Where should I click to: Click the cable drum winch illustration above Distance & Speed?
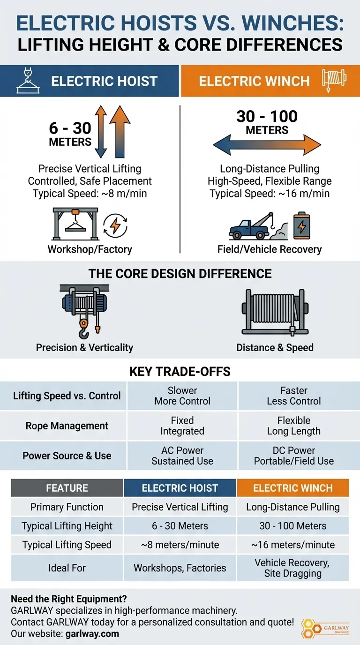pyautogui.click(x=275, y=312)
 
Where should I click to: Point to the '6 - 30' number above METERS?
pyautogui.click(x=70, y=127)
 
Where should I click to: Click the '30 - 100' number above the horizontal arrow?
pyautogui.click(x=267, y=116)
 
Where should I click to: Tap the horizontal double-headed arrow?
pyautogui.click(x=267, y=145)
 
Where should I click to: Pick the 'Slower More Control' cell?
pyautogui.click(x=182, y=396)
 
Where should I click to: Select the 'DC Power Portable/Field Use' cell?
pyautogui.click(x=294, y=456)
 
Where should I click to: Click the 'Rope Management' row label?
pyautogui.click(x=67, y=426)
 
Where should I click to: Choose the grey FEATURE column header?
pyautogui.click(x=67, y=488)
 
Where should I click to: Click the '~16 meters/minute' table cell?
pyautogui.click(x=293, y=545)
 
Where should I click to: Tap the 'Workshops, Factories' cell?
pyautogui.click(x=180, y=568)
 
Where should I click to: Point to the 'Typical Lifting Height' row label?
pyautogui.click(x=67, y=526)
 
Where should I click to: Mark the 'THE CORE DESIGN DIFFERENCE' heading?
pyautogui.click(x=180, y=273)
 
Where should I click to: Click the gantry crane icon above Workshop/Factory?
pyautogui.click(x=75, y=224)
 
